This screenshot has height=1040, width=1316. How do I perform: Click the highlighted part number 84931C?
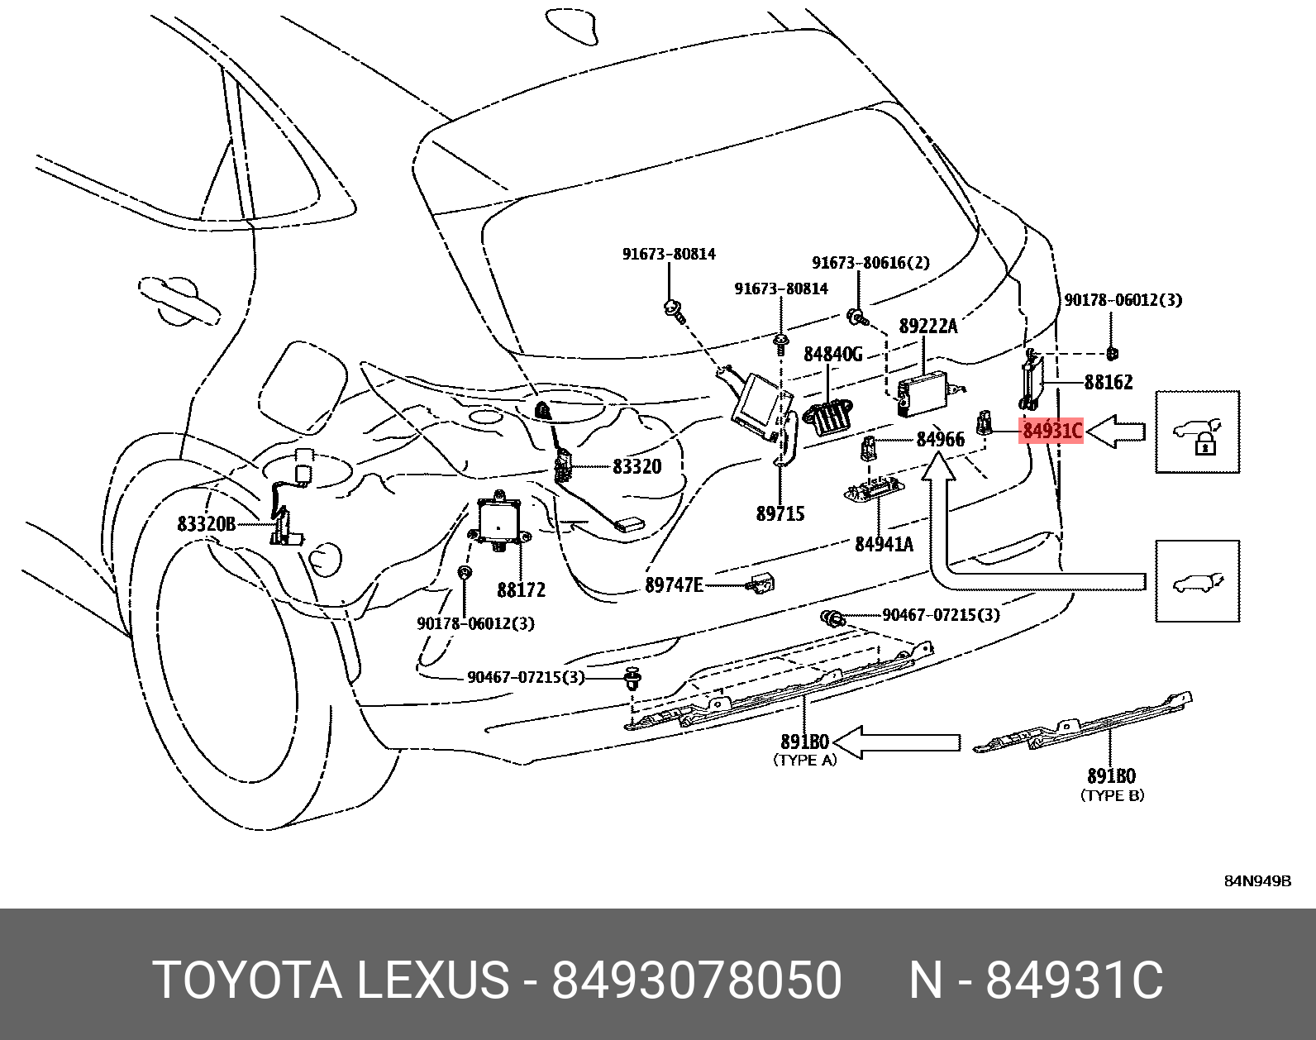(1051, 431)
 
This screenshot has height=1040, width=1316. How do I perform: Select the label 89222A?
(927, 326)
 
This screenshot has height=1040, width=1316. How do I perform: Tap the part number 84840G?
(832, 354)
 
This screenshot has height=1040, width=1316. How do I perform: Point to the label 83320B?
(207, 523)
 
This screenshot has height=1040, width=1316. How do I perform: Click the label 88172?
(521, 589)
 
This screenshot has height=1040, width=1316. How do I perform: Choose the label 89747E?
(674, 585)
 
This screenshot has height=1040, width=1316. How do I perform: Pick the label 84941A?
(884, 543)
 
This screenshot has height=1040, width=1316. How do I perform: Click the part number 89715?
(780, 513)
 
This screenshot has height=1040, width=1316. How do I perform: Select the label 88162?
(1109, 382)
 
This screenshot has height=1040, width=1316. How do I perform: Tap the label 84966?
(940, 439)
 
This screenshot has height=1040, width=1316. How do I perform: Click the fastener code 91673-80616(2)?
(870, 263)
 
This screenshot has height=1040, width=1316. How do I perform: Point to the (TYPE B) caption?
(1112, 795)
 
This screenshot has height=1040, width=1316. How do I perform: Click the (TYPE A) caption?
(804, 760)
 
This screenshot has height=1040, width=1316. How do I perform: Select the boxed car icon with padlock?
(1197, 432)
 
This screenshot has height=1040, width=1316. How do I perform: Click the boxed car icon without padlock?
(1197, 581)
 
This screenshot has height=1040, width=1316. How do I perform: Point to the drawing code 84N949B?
(1257, 881)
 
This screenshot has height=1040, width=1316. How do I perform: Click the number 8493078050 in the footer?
(696, 980)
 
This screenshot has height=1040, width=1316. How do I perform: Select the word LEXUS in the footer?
(432, 980)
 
